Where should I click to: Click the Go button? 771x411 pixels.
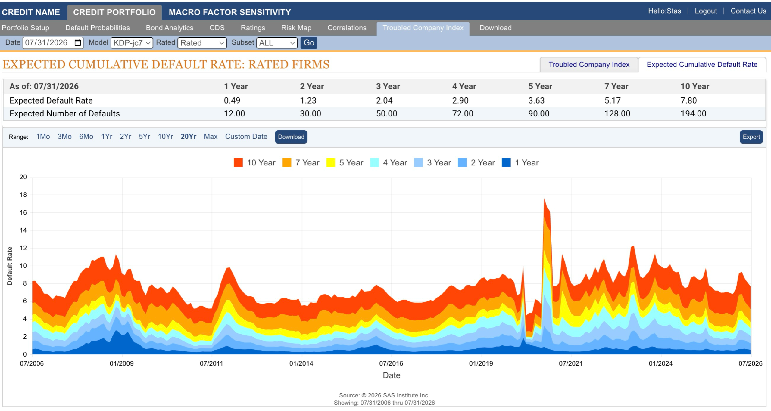coord(309,43)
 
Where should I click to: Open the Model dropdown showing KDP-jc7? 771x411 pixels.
coord(132,43)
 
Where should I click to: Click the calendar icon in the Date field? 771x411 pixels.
coord(78,42)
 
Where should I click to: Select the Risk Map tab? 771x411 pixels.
coord(296,28)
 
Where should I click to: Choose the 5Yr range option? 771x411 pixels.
coord(144,137)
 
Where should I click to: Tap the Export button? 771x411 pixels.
coord(751,137)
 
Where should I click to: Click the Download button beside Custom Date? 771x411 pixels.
coord(291,137)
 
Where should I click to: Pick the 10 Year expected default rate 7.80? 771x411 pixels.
coord(688,100)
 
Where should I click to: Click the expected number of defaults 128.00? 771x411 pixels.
coord(617,113)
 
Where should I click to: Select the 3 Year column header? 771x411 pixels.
coord(388,86)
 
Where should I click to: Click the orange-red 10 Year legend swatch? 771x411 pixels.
coord(238,162)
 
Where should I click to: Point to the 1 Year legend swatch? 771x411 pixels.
coord(506,162)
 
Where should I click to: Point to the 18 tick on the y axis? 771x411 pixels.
coord(23,195)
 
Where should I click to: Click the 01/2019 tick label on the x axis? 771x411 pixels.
coord(481,363)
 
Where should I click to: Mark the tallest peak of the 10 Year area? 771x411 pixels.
coord(544,199)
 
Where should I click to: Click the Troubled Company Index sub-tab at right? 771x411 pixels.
coord(589,65)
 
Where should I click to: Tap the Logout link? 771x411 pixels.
coord(706,11)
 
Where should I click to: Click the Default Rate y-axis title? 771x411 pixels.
coord(10,266)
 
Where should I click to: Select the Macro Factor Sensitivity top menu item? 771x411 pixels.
coord(230,12)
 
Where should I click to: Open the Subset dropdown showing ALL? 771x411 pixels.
coord(277,43)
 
